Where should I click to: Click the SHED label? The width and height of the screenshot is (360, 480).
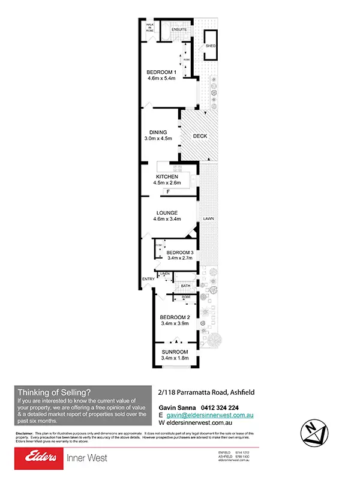point(211,46)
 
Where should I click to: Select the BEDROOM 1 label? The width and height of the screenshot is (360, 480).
point(161,73)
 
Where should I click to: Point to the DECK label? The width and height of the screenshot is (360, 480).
point(200,136)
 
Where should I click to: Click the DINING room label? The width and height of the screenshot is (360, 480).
point(158,133)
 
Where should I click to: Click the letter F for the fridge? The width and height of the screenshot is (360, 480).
point(169,191)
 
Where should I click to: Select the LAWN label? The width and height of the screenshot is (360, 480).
point(208,218)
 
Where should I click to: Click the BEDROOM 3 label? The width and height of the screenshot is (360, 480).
point(179,253)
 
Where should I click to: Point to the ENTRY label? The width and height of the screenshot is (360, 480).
point(148,279)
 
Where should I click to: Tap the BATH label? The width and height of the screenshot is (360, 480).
point(186,286)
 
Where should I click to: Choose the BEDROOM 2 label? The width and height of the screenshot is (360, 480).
point(175,317)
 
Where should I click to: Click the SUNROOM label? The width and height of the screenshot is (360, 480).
point(175,352)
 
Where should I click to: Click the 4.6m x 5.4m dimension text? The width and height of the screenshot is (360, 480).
point(161,80)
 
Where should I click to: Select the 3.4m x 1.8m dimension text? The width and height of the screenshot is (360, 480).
point(175,358)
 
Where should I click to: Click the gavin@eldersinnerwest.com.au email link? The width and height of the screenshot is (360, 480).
point(203,415)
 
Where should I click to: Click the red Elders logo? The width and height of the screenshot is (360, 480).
point(41,458)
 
